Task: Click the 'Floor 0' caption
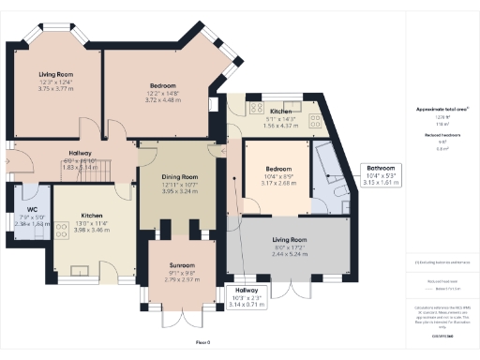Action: pyautogui.click(x=202, y=343)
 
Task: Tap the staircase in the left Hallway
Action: pyautogui.click(x=116, y=170)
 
